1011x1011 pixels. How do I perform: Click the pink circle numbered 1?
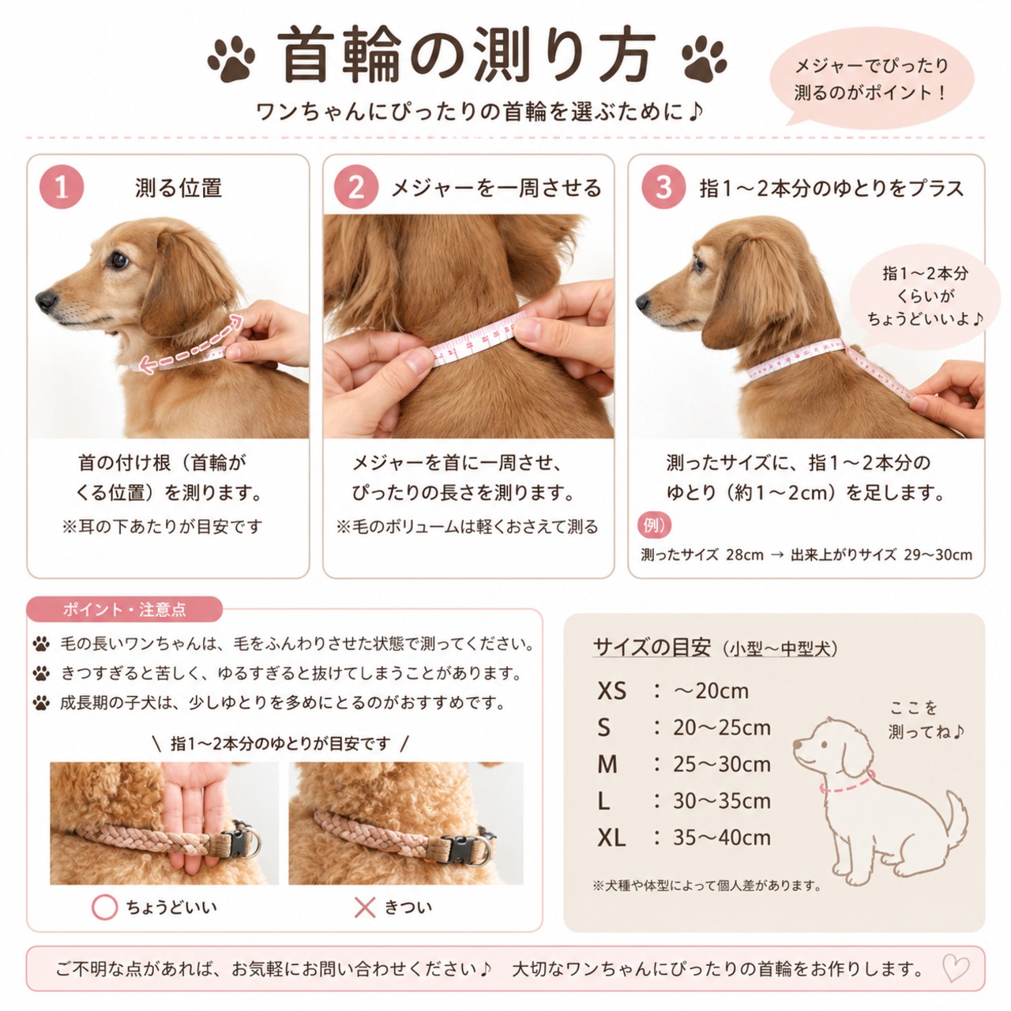(62, 186)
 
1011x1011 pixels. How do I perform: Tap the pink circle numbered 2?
(356, 186)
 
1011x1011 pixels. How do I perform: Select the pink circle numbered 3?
(663, 186)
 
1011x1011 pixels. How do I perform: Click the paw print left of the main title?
(231, 58)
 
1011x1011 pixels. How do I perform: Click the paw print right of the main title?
(704, 58)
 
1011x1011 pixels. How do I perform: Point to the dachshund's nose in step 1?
(46, 300)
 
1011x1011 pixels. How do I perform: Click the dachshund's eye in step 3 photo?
(699, 263)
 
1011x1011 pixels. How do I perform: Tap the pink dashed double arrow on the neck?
(191, 344)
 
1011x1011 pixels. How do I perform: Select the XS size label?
(612, 691)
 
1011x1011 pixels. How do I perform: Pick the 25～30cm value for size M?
(722, 765)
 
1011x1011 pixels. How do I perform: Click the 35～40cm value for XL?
(722, 838)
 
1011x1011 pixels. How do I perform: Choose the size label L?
(603, 801)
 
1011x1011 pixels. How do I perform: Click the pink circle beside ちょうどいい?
(104, 907)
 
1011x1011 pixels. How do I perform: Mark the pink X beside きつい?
(365, 907)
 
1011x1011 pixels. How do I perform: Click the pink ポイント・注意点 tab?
(124, 610)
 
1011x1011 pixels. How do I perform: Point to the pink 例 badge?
(654, 524)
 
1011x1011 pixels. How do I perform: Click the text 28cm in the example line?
(745, 555)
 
